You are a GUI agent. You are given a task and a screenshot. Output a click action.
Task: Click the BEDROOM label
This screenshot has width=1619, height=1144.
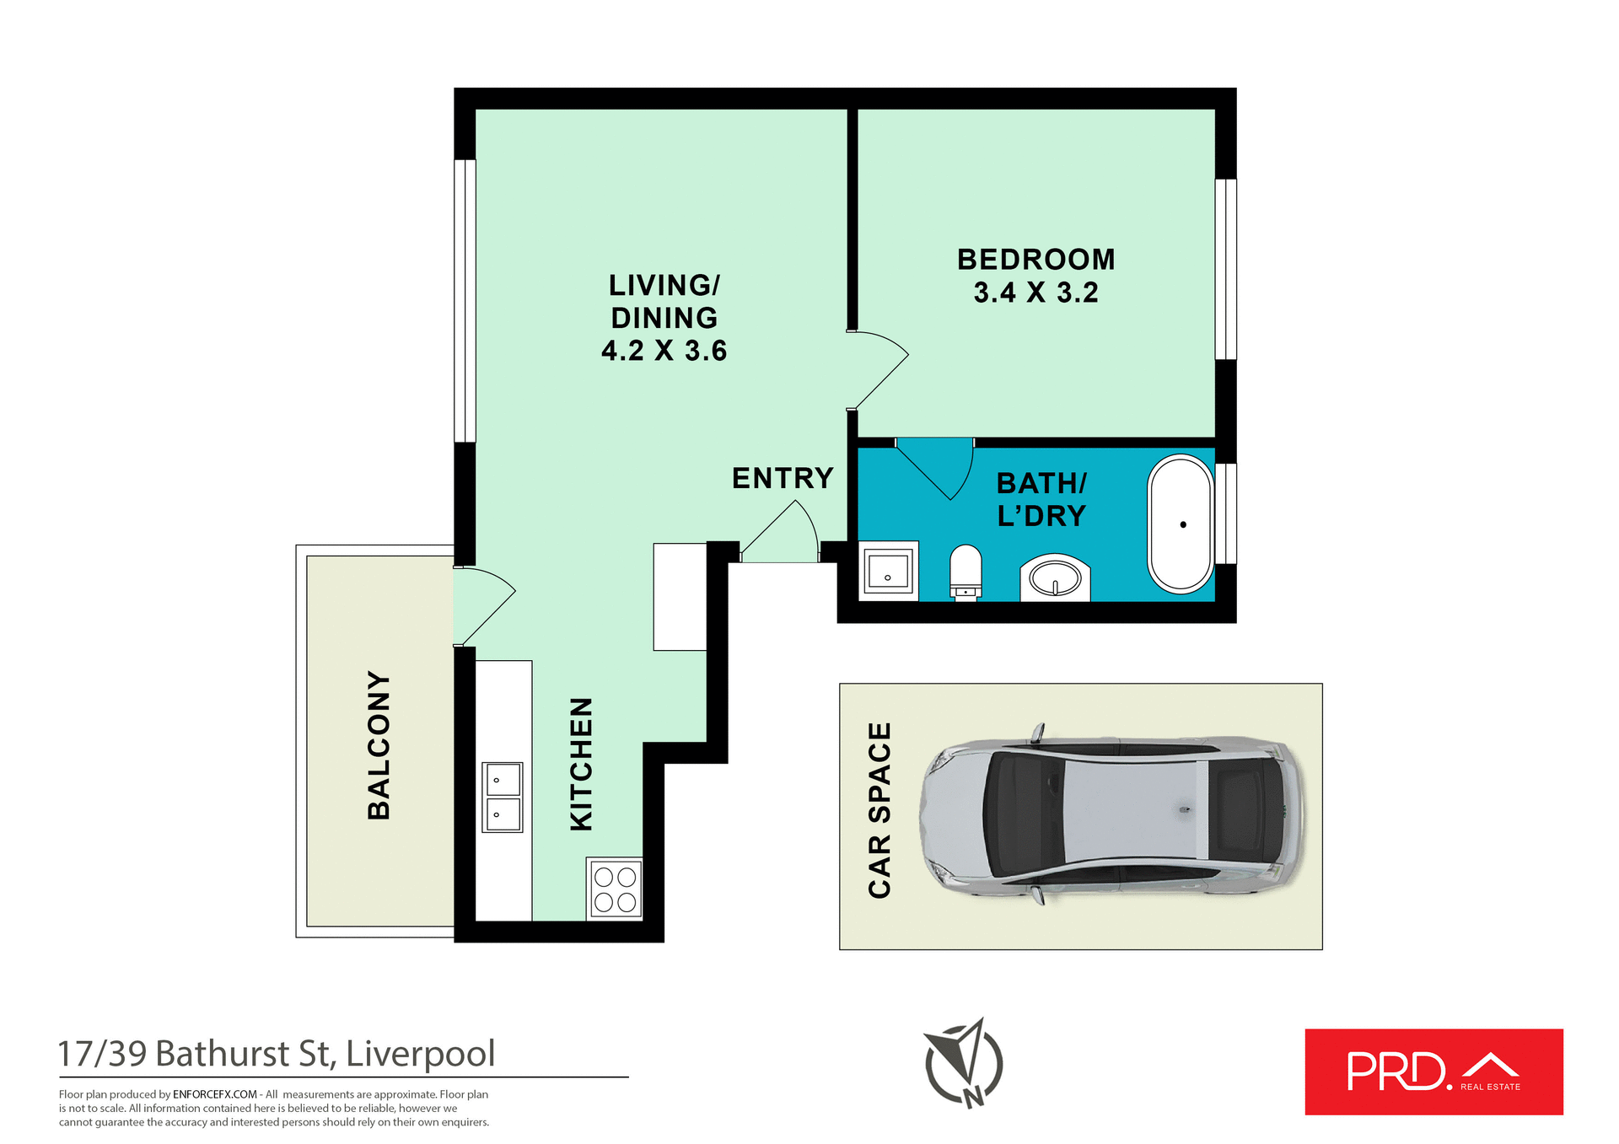coord(1035,260)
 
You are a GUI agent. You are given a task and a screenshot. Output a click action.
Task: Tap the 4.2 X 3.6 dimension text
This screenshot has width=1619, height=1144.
coord(664,351)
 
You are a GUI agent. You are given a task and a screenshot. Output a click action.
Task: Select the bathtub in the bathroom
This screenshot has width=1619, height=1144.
coord(1181,524)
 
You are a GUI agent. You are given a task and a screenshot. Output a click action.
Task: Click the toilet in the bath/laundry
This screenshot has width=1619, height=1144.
coord(965,572)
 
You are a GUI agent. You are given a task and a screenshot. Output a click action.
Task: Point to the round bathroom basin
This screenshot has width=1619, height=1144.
coord(1055,578)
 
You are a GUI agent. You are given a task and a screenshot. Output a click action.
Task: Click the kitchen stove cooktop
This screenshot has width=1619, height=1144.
coord(615,889)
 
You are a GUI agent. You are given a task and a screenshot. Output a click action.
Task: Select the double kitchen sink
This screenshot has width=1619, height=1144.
coord(503,797)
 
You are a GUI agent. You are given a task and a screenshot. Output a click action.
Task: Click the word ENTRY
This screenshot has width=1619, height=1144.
coord(783,479)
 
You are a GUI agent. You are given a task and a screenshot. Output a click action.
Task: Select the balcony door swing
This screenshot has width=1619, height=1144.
coord(482,603)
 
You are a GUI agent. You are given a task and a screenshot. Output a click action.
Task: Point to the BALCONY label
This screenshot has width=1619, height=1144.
coord(379,745)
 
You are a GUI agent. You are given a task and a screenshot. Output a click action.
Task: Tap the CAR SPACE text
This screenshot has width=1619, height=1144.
coord(879,810)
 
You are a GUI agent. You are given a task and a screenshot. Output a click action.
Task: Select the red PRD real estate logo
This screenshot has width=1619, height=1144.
coord(1433,1071)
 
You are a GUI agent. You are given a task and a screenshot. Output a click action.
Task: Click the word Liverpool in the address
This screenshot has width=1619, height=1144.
coord(420,1054)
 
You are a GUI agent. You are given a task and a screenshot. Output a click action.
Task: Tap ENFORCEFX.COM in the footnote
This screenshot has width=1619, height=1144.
coord(215,1094)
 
